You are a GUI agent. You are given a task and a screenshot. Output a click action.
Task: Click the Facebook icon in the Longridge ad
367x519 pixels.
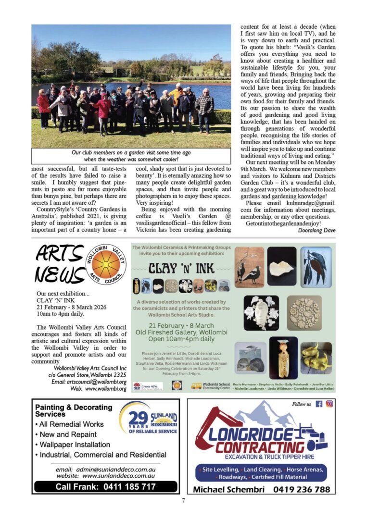click(318, 404)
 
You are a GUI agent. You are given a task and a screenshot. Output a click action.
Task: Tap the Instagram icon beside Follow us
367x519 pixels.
click(329, 404)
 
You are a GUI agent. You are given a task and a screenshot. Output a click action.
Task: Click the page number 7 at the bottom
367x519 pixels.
click(183, 501)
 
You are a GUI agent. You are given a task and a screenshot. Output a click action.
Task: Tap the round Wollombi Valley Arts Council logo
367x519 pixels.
click(106, 264)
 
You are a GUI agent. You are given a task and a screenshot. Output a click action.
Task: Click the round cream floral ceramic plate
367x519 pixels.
click(304, 313)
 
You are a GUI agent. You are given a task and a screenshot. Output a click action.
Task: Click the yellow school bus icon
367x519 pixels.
click(196, 385)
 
